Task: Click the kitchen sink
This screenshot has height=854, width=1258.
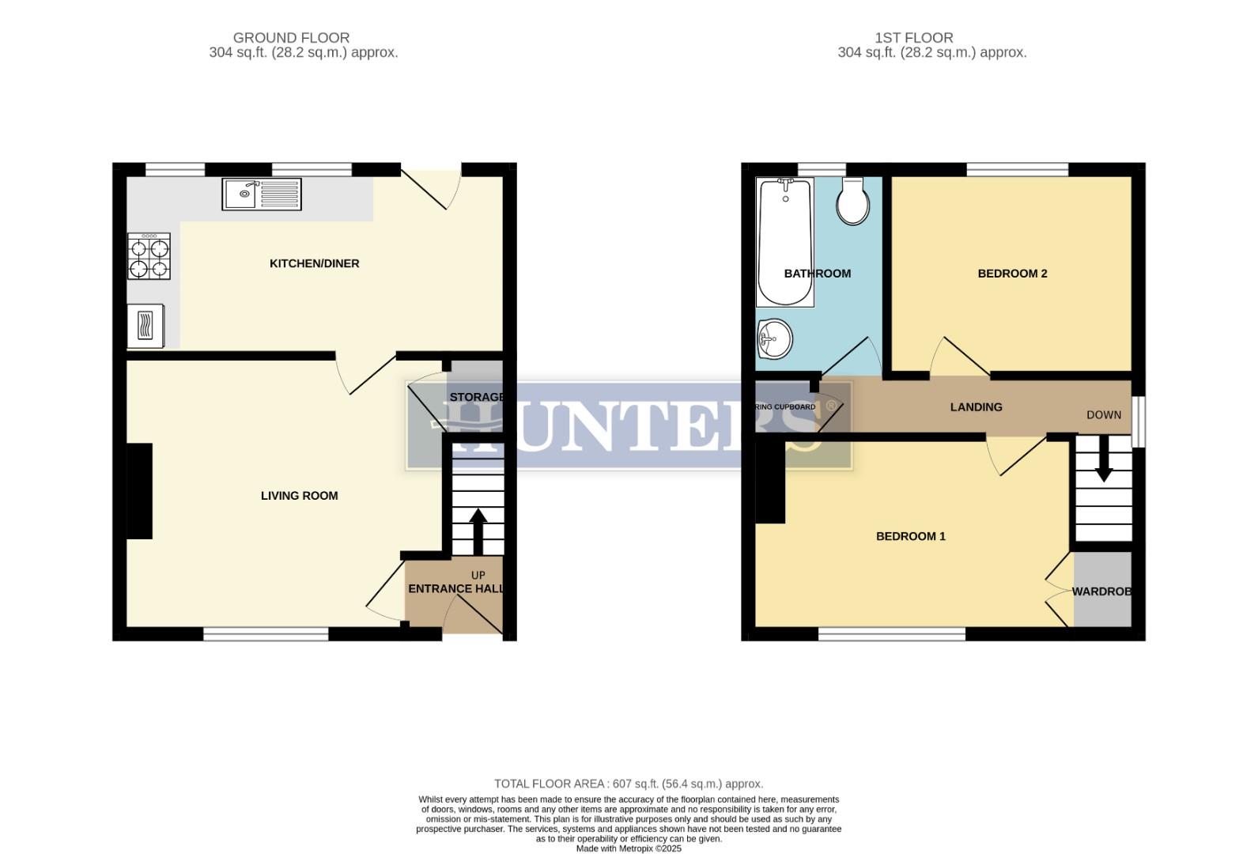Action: click(x=262, y=194)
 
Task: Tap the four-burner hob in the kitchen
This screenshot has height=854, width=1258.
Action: click(x=149, y=256)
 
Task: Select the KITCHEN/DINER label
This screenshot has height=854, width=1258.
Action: click(x=315, y=263)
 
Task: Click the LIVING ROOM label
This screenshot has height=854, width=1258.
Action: click(x=299, y=496)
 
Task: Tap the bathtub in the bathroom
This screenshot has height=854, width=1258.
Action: click(x=785, y=241)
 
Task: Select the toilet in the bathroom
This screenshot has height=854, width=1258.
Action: click(x=854, y=202)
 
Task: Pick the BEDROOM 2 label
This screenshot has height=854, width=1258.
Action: click(x=1012, y=274)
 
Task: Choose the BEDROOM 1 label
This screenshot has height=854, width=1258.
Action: click(x=910, y=536)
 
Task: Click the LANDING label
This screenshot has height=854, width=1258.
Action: click(x=976, y=407)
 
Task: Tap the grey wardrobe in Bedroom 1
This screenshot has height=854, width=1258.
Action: click(x=1102, y=589)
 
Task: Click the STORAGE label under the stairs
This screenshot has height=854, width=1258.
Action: click(x=476, y=397)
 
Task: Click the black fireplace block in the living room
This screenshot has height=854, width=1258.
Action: click(x=139, y=491)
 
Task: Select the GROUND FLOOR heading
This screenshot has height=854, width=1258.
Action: click(x=291, y=38)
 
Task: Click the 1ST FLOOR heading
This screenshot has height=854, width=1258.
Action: click(x=913, y=38)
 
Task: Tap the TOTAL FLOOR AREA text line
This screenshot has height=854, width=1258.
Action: click(x=629, y=784)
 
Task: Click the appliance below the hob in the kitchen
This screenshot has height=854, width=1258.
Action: click(x=146, y=326)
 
